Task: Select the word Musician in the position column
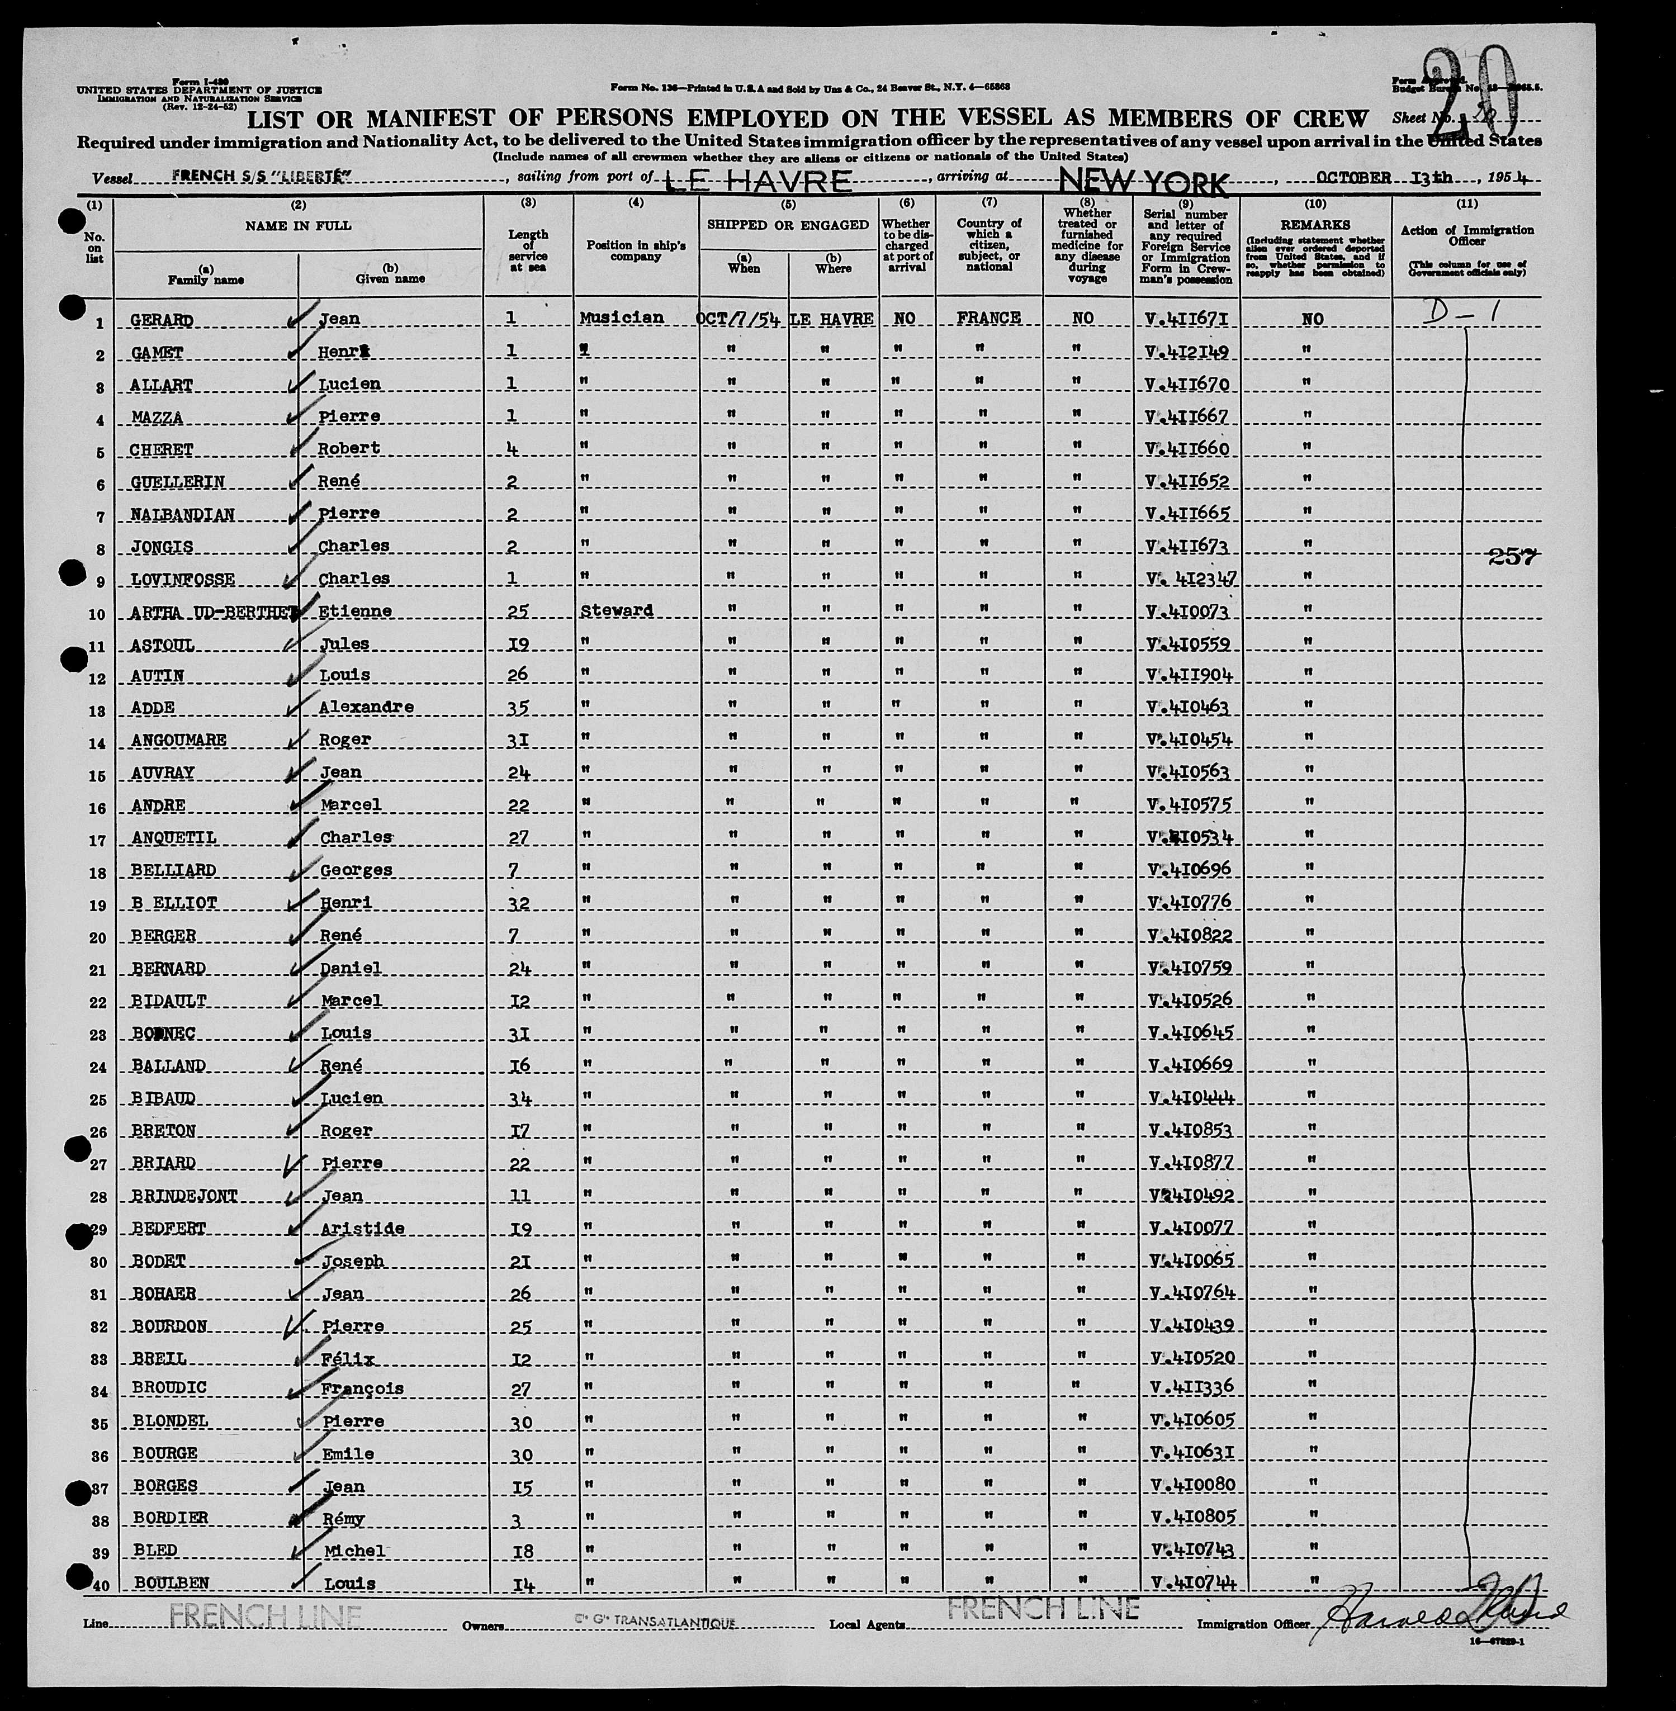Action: click(622, 317)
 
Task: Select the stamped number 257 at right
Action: click(1512, 556)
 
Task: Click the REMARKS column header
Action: click(1315, 225)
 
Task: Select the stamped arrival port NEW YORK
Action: click(1143, 182)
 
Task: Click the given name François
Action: click(362, 1388)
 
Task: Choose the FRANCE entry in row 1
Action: click(988, 317)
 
